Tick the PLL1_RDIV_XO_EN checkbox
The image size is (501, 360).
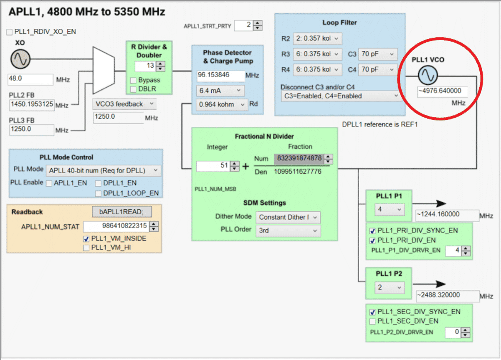[10, 32]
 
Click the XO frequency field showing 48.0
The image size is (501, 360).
[30, 79]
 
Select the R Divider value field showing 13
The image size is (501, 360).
[146, 66]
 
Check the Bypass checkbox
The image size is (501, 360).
[133, 80]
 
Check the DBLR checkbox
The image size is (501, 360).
[133, 89]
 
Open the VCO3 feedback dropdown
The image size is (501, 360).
[124, 104]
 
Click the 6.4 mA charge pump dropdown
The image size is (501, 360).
[220, 90]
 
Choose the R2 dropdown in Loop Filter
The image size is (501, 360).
[317, 38]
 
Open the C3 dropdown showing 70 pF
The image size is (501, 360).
[377, 54]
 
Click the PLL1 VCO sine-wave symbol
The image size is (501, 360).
[428, 76]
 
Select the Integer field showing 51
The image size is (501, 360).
[213, 166]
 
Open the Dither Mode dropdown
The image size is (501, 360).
[288, 217]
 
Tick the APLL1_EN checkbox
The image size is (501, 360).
[50, 183]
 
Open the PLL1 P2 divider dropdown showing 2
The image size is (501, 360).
[389, 288]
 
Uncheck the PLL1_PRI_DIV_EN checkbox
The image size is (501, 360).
[372, 240]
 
